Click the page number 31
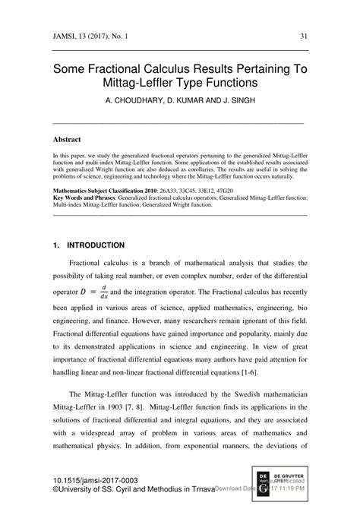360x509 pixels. pyautogui.click(x=303, y=36)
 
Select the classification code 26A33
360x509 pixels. pyautogui.click(x=166, y=188)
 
